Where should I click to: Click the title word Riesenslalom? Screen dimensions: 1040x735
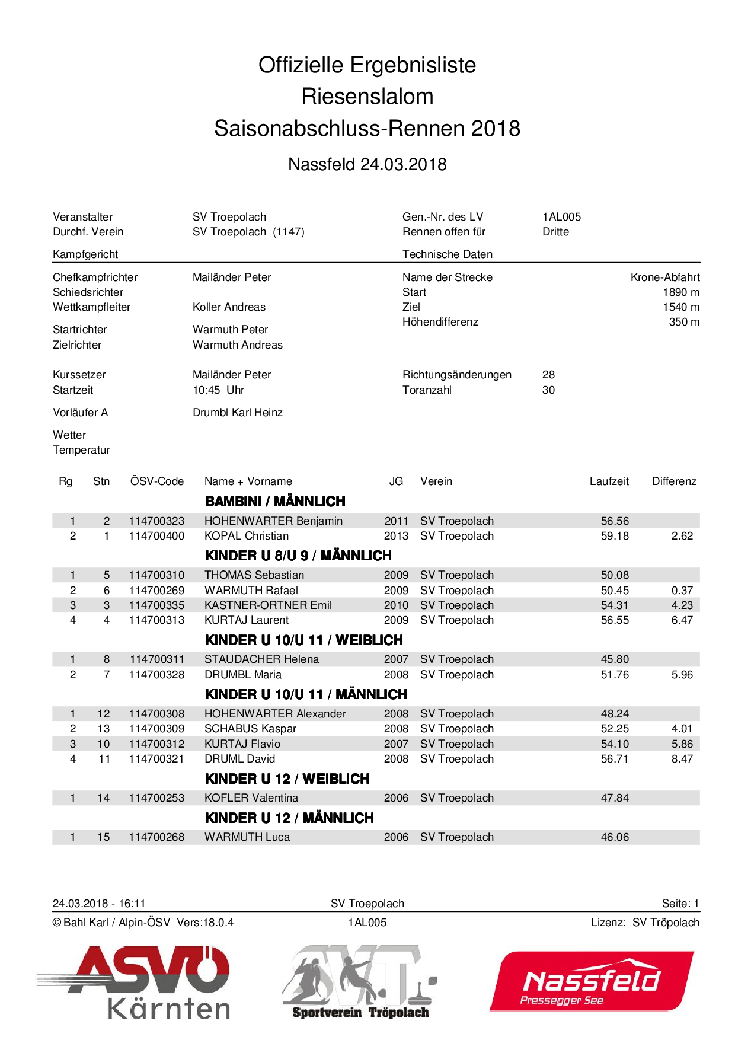[367, 96]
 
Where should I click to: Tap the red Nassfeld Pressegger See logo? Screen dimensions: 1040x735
[591, 981]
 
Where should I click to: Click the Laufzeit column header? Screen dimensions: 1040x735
[609, 481]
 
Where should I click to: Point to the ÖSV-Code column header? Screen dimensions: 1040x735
[157, 481]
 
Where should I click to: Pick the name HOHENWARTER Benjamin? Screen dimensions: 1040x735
[273, 521]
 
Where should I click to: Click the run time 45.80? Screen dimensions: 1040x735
[615, 659]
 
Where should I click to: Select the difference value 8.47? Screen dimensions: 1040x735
[682, 759]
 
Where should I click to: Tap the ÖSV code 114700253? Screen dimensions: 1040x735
[156, 798]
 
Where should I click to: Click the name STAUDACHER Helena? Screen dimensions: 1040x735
[261, 659]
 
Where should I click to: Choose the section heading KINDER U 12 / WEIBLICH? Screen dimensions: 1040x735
[287, 779]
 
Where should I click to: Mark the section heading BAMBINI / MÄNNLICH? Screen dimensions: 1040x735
[275, 502]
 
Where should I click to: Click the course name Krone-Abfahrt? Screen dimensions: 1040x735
[664, 277]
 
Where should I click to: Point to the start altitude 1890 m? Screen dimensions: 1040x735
[680, 292]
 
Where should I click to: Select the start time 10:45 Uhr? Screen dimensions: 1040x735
[218, 390]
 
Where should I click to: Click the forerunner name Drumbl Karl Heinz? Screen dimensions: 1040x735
[237, 413]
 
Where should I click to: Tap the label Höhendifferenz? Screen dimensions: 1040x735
[440, 322]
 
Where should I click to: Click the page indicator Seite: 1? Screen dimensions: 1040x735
[680, 904]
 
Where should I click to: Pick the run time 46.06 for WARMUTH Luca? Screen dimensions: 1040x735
[615, 837]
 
